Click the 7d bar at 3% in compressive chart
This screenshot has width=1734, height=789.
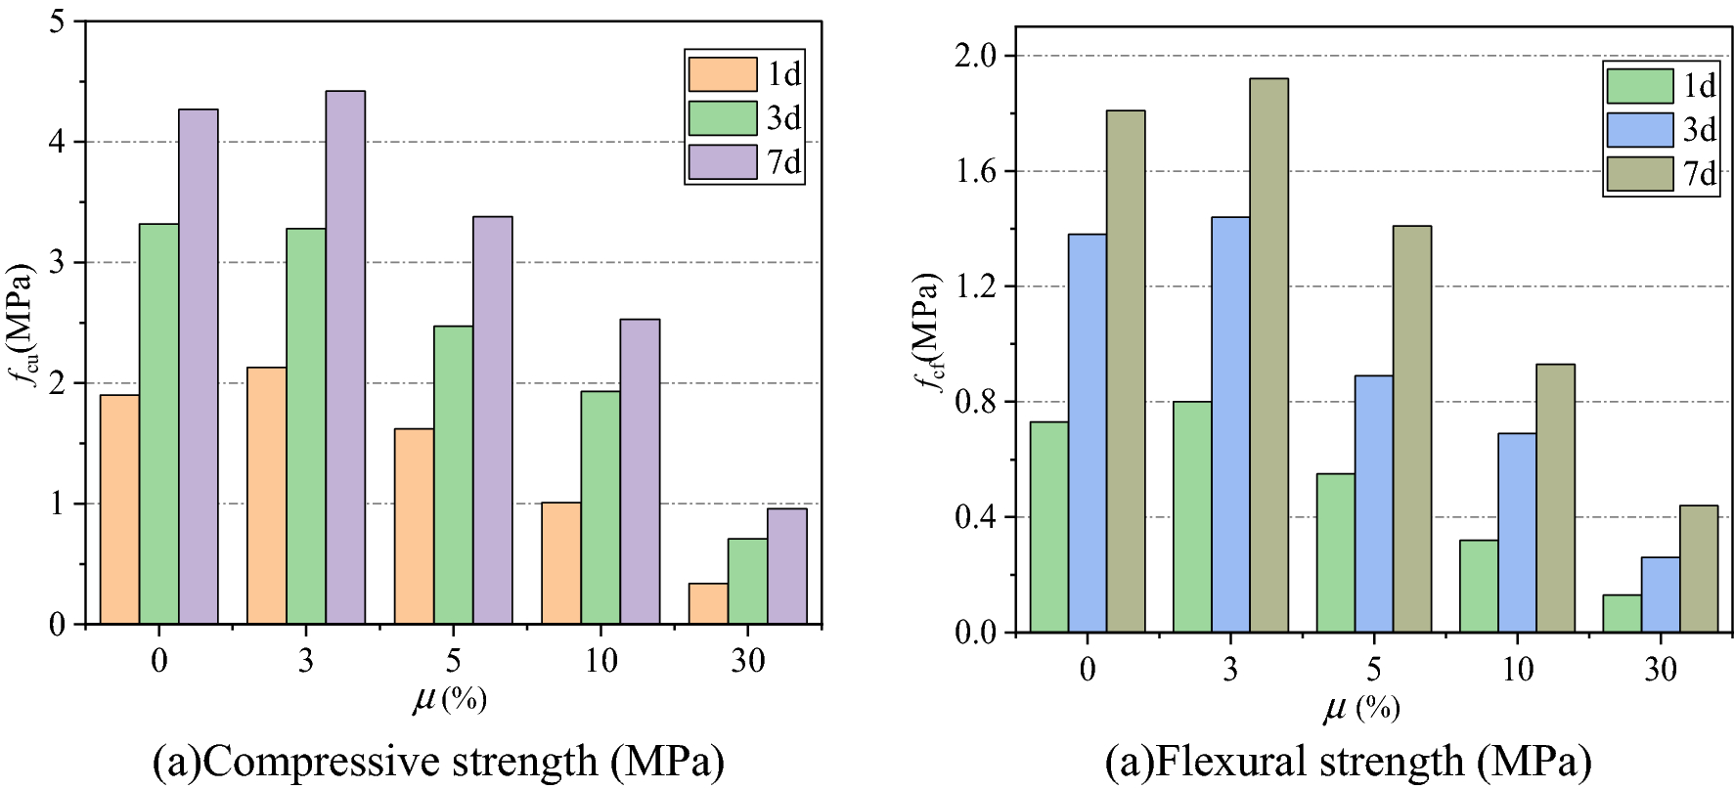pos(345,357)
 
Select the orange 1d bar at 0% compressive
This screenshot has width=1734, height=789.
pos(119,509)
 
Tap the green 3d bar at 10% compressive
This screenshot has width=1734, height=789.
pos(600,507)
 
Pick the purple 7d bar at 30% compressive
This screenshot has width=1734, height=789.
pos(786,566)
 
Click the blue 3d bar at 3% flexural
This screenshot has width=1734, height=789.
pos(1230,424)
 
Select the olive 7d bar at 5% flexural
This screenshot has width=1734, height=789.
pos(1411,428)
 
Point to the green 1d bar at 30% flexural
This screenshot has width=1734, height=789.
pos(1622,614)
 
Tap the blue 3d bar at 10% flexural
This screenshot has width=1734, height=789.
pos(1517,533)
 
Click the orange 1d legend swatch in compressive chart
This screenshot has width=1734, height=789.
pos(722,74)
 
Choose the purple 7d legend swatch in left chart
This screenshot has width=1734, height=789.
pos(722,162)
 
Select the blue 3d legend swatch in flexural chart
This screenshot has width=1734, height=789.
pos(1640,130)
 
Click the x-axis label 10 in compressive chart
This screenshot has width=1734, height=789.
pos(600,662)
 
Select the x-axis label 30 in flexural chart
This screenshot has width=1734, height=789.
pos(1660,670)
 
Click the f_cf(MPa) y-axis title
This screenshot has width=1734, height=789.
pos(929,332)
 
